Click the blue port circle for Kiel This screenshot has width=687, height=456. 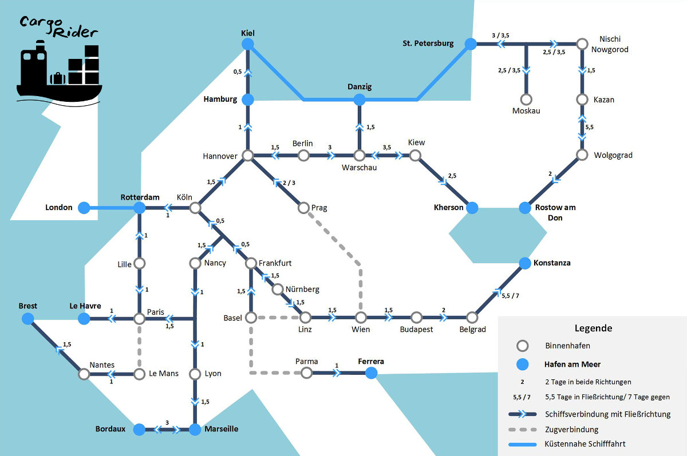[248, 43]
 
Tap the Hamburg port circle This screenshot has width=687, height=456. [248, 100]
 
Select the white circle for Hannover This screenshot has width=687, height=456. [248, 156]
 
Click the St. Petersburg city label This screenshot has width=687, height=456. [428, 43]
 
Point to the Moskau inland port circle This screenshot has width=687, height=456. [526, 100]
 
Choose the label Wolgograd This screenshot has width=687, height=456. [613, 155]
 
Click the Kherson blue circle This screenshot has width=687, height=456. [472, 208]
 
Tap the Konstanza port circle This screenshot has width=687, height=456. [525, 263]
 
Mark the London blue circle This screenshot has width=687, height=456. [84, 208]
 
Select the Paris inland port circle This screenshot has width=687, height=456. [139, 318]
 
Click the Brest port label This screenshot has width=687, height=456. [27, 306]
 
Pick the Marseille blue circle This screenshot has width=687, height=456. [195, 429]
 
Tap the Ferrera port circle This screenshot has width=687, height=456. [371, 374]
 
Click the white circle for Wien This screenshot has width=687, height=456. [360, 318]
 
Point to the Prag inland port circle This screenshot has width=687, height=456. [304, 208]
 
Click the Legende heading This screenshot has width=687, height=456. [593, 328]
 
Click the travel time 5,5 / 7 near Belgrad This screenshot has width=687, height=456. [510, 296]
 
